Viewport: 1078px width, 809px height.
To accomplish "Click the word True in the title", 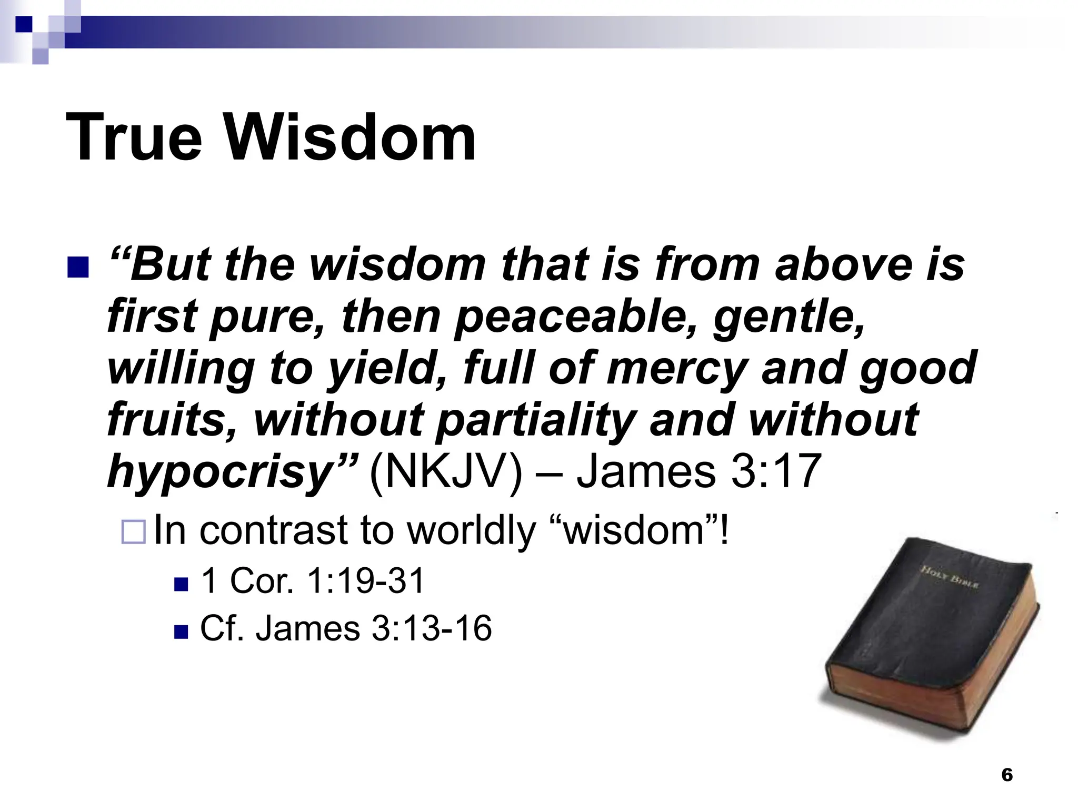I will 134,138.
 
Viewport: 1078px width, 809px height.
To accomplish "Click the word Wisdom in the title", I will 351,138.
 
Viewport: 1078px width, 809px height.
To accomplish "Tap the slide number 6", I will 1006,775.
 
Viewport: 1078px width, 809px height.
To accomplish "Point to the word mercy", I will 678,368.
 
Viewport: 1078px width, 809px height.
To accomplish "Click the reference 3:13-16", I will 432,628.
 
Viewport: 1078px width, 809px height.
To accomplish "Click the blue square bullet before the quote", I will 78,268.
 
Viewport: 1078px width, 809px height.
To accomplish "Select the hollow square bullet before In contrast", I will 133,532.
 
